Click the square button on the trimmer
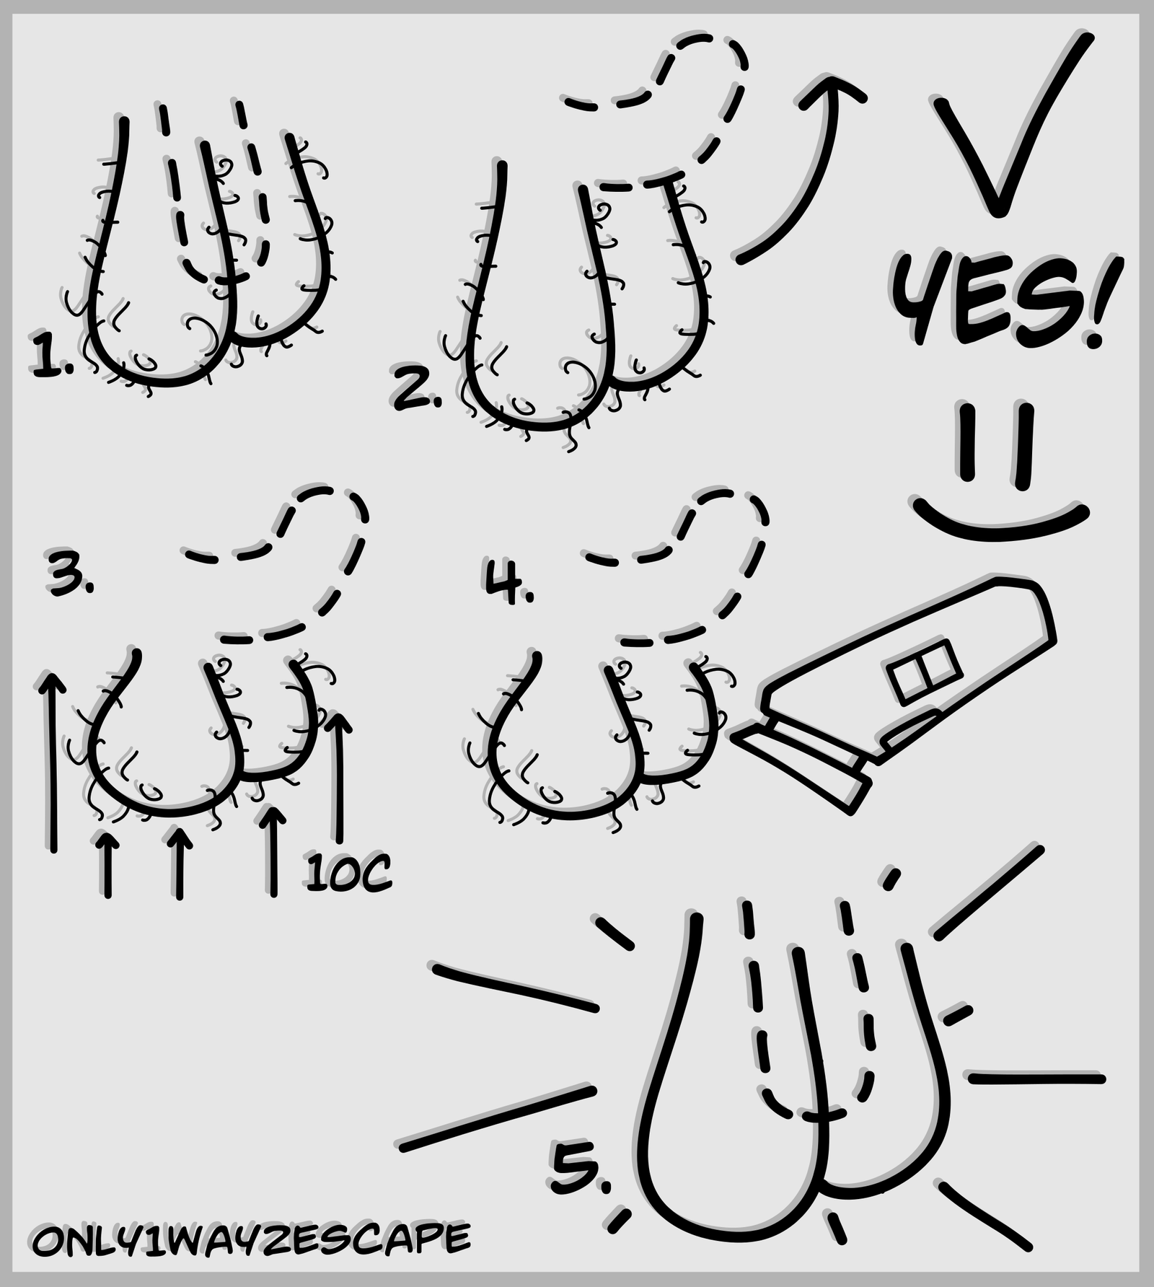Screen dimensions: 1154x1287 coord(924,672)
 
